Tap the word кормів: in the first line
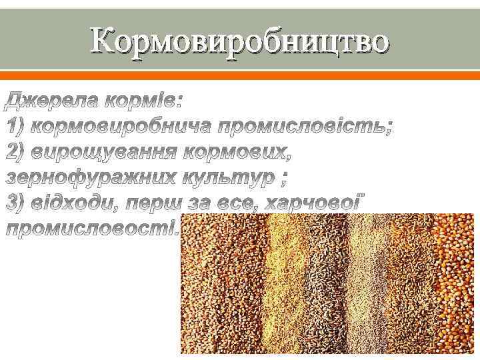pyautogui.click(x=143, y=101)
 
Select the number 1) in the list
pyautogui.click(x=16, y=126)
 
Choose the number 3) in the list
pyautogui.click(x=16, y=203)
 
